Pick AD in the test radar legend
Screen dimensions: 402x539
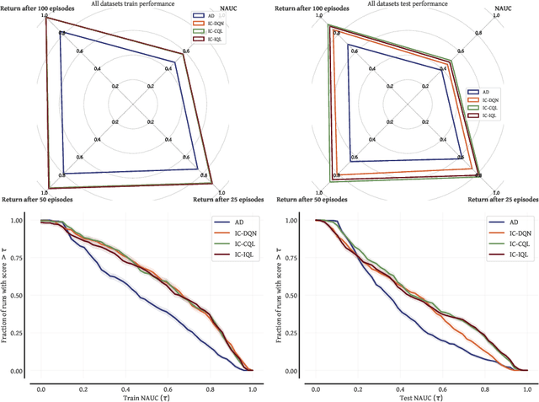click(x=485, y=92)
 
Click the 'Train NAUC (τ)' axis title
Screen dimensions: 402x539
click(x=146, y=396)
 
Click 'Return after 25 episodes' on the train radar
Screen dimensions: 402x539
click(x=228, y=200)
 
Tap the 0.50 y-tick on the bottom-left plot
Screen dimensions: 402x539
click(x=14, y=296)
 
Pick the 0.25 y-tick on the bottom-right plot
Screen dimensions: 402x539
click(x=289, y=334)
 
